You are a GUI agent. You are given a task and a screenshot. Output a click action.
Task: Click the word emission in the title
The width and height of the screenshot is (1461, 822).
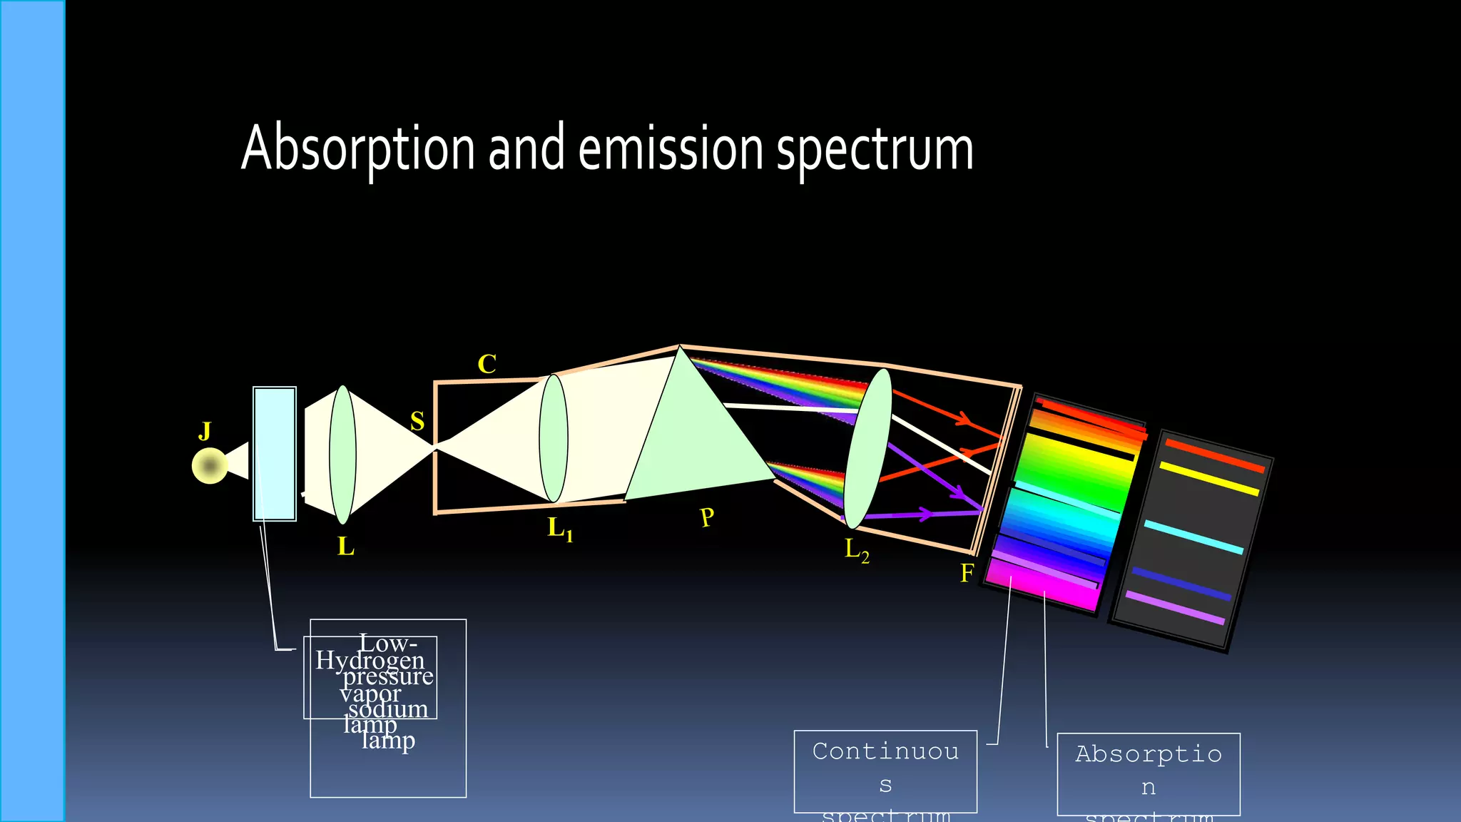pyautogui.click(x=671, y=148)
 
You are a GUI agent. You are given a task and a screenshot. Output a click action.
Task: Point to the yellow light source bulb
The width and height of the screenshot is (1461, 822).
pyautogui.click(x=210, y=466)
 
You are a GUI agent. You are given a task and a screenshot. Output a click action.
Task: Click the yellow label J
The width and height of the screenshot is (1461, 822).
pyautogui.click(x=205, y=431)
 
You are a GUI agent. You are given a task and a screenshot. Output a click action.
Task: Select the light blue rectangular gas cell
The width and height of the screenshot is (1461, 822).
pyautogui.click(x=275, y=454)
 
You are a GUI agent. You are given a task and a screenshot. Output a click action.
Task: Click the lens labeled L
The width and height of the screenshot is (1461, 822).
pyautogui.click(x=342, y=455)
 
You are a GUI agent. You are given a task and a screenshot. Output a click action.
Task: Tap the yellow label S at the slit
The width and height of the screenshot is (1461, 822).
pyautogui.click(x=417, y=421)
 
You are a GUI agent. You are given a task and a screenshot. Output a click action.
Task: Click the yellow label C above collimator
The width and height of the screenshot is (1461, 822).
pyautogui.click(x=487, y=364)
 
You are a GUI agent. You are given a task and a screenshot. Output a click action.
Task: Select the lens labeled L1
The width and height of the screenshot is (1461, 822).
pyautogui.click(x=554, y=438)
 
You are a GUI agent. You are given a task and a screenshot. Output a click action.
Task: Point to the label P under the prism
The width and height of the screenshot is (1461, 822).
pyautogui.click(x=707, y=517)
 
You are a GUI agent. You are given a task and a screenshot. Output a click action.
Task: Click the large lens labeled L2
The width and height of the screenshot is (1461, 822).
pyautogui.click(x=867, y=448)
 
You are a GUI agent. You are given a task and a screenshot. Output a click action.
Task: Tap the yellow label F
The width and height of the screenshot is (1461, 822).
pyautogui.click(x=967, y=573)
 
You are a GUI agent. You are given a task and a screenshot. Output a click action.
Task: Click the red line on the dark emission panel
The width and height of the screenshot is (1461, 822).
pyautogui.click(x=1214, y=455)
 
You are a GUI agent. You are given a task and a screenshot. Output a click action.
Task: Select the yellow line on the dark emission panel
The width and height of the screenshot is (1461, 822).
pyautogui.click(x=1208, y=479)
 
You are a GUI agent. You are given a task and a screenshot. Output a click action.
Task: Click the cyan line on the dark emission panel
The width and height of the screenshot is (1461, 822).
pyautogui.click(x=1193, y=537)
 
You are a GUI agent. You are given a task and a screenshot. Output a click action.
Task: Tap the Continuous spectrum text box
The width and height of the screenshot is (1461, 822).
pyautogui.click(x=885, y=771)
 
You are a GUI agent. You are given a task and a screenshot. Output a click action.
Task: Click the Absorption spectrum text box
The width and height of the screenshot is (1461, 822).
pyautogui.click(x=1148, y=773)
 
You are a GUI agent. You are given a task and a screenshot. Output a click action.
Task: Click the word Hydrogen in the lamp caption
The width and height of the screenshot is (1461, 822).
pyautogui.click(x=370, y=660)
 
